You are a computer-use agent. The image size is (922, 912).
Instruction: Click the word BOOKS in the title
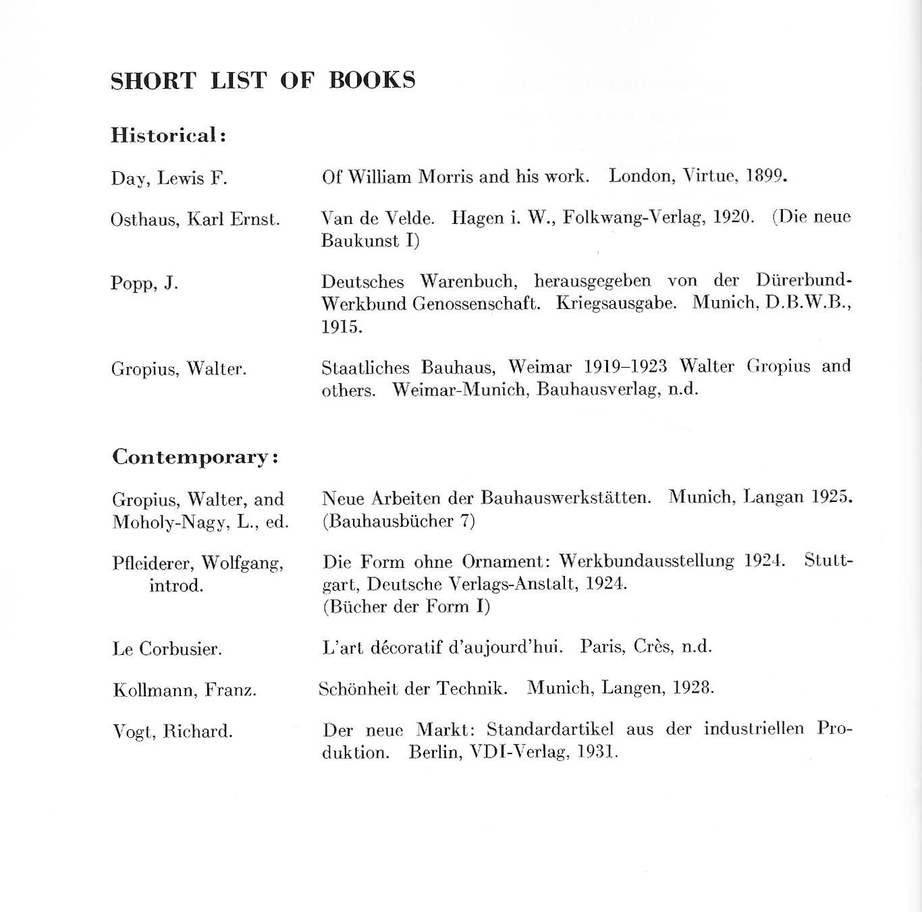[372, 80]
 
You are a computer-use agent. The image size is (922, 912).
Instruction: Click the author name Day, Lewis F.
[169, 179]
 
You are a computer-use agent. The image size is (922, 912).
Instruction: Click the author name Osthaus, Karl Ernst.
[194, 220]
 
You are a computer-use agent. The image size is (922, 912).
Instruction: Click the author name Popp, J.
[144, 283]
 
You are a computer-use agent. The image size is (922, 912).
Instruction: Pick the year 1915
[342, 327]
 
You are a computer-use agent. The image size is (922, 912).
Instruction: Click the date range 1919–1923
[625, 367]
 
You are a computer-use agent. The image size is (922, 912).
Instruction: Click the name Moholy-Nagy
[171, 523]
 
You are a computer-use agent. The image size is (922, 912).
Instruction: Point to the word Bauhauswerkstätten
[566, 498]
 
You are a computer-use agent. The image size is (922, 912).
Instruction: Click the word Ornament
[507, 562]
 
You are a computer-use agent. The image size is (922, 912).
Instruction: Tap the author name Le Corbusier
[167, 650]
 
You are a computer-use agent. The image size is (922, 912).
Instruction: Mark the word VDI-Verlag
[518, 753]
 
